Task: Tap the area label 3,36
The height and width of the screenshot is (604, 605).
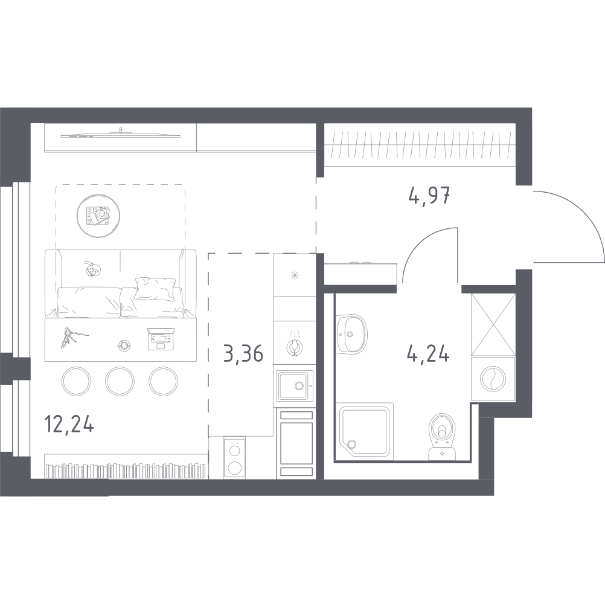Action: [243, 353]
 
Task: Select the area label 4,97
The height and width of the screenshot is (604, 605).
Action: [430, 196]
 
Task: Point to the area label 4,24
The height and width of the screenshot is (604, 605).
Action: [428, 352]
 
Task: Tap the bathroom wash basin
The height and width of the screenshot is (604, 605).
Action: [351, 333]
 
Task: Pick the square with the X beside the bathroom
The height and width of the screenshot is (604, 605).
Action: [493, 325]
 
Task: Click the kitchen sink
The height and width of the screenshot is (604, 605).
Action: [293, 385]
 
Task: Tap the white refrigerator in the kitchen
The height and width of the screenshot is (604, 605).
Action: [296, 444]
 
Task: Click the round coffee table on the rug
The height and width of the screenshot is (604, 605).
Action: [98, 215]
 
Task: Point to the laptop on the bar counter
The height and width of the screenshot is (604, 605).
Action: [161, 338]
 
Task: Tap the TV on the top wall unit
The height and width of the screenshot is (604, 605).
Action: [121, 133]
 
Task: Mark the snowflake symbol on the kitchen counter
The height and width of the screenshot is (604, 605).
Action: [295, 277]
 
